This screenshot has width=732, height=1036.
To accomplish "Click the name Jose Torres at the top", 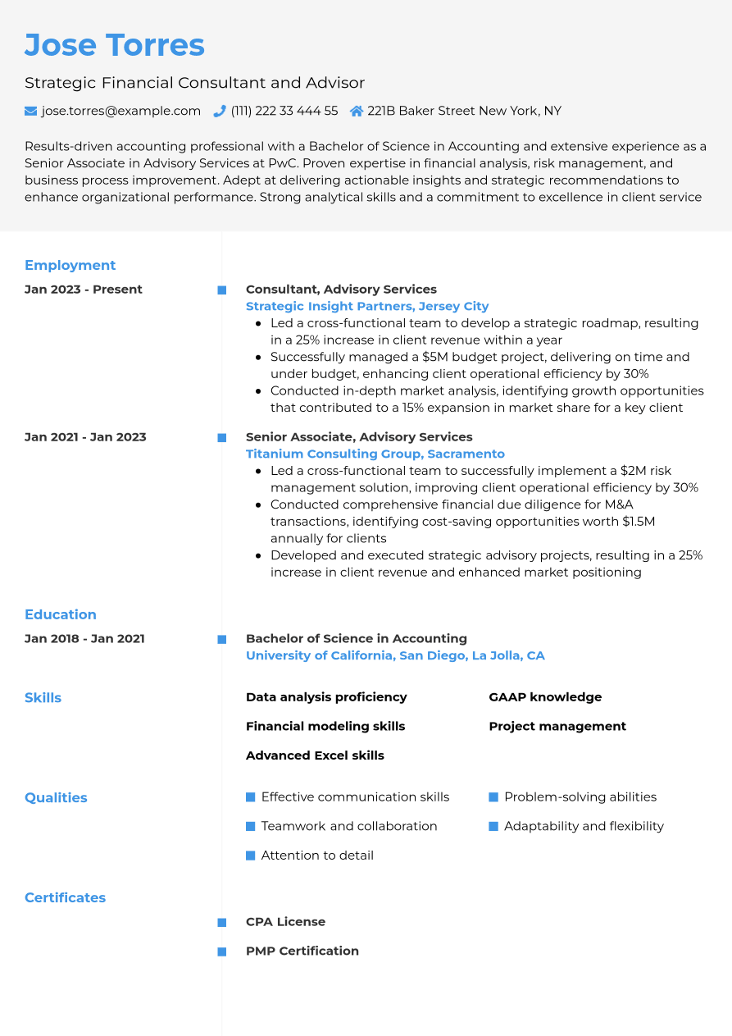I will [115, 45].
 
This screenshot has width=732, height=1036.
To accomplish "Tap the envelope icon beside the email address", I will [31, 111].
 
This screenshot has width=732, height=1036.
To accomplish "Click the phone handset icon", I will [220, 111].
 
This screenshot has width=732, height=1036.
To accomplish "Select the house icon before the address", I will [357, 111].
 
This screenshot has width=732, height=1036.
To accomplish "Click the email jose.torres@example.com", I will [121, 111].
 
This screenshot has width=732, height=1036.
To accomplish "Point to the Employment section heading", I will [70, 265].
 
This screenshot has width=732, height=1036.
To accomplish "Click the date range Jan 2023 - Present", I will [84, 290].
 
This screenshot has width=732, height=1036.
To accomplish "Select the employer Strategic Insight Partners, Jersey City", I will [367, 306].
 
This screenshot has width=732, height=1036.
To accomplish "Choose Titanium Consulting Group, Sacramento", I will [375, 454].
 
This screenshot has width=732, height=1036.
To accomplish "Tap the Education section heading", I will [61, 614].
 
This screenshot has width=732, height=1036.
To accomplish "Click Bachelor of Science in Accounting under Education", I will [357, 638].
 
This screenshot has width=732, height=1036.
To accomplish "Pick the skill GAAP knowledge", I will [545, 697].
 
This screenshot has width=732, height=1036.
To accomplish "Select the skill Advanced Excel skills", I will [315, 755].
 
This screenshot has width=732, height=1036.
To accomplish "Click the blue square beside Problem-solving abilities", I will [493, 797].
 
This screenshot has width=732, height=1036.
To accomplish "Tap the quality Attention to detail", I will [317, 856].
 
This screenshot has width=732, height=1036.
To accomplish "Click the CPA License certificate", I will [285, 922].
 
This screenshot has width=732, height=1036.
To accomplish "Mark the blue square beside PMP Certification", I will [221, 952].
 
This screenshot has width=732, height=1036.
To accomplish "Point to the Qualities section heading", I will [56, 797].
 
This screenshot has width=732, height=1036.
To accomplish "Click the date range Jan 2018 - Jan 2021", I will [84, 639].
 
